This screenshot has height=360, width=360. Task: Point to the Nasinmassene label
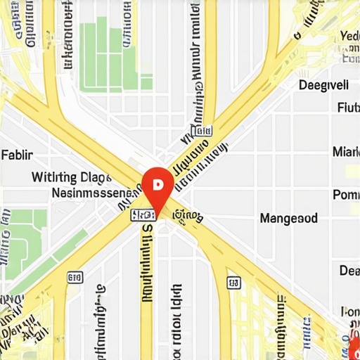point(93,192)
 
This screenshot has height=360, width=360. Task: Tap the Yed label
point(349,37)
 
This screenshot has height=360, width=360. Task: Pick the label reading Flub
point(348,108)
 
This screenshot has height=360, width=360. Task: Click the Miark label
point(345,151)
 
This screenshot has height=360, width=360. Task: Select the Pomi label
point(345,195)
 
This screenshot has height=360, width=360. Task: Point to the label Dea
point(349,271)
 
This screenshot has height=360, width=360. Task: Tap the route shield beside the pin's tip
point(143,214)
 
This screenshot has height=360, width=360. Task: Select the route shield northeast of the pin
point(202,131)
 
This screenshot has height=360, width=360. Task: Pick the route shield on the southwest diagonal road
point(73,277)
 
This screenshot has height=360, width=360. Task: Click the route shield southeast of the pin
point(233,282)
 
